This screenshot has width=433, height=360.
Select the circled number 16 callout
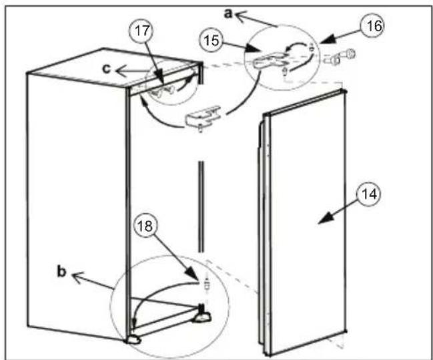[x=374, y=25]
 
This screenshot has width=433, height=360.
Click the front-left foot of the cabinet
[x=134, y=339]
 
